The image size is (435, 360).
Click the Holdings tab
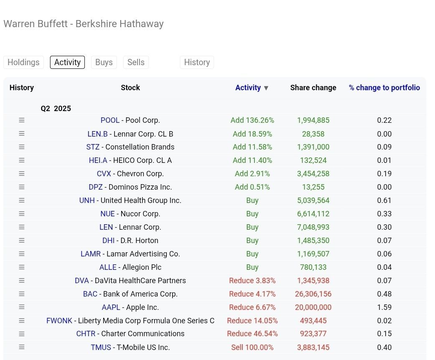23,62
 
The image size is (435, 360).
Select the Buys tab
104,62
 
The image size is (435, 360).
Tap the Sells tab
136,62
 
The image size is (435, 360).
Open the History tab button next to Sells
197,62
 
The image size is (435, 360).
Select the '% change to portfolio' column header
384,88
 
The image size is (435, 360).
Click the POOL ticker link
110,120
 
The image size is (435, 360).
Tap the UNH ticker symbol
87,200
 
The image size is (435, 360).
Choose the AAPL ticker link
111,307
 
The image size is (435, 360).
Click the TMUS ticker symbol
101,347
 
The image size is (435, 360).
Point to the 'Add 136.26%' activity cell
252,120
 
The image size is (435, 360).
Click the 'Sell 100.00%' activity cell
252,347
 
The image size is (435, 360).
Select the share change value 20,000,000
313,307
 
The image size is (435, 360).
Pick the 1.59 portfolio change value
384,307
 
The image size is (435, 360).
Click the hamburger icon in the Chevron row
22,174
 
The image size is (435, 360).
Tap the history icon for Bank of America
22,294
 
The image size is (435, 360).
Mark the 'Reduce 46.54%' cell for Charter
252,334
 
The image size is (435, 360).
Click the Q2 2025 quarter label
56,109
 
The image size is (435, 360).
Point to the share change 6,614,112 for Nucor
313,214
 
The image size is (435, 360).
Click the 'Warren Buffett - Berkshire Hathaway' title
84,24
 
